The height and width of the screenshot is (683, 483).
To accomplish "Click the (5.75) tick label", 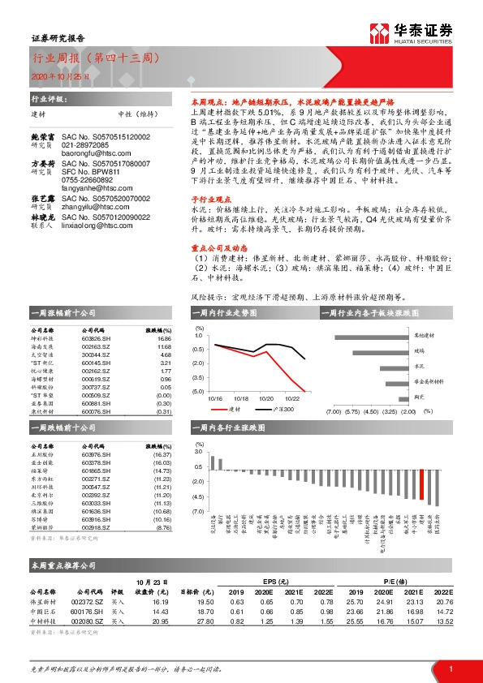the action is point(351,411).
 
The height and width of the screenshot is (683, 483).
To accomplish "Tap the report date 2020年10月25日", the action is point(49,75).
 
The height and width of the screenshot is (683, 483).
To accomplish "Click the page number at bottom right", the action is point(450,668).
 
